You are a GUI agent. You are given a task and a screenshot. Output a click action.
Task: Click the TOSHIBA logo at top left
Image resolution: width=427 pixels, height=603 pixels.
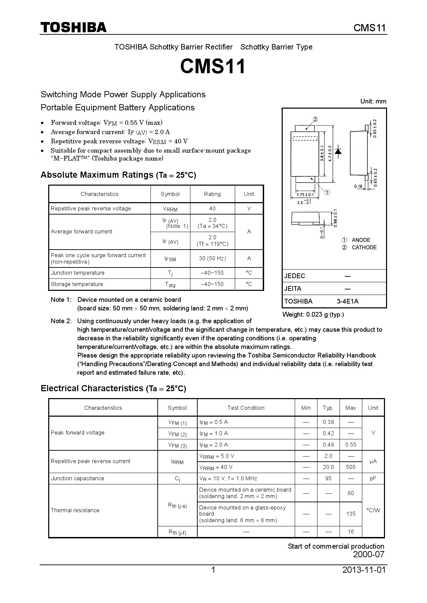coord(74,28)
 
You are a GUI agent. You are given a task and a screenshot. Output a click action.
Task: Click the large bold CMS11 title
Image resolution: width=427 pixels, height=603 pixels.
coord(213,66)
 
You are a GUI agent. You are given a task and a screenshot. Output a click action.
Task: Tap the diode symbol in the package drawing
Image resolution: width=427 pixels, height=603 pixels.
coord(339,151)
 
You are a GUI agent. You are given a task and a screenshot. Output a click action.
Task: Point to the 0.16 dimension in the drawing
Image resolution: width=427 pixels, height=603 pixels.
coord(358,186)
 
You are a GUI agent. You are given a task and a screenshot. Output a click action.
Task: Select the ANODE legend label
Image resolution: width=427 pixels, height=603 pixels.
coord(361,240)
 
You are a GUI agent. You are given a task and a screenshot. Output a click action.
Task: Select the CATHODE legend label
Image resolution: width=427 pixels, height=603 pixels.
coord(364,248)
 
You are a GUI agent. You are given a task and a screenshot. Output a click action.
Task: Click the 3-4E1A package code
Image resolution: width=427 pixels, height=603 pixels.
coord(347,301)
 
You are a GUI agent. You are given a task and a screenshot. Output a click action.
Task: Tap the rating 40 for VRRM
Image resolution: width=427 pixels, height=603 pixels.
coord(212,209)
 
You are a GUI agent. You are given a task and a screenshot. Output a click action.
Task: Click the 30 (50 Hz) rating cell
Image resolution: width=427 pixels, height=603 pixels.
coord(212,259)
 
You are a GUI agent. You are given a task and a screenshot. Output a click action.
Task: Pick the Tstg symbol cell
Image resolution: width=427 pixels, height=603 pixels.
coord(170,285)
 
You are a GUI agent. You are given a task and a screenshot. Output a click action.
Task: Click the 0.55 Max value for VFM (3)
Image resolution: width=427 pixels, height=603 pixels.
coord(351,445)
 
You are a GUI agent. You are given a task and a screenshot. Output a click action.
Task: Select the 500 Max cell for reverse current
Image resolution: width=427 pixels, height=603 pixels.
coord(351,467)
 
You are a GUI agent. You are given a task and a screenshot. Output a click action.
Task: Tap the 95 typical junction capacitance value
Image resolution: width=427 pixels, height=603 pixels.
coord(328,479)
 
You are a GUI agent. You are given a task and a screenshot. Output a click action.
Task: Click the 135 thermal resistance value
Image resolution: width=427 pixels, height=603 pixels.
coord(351,514)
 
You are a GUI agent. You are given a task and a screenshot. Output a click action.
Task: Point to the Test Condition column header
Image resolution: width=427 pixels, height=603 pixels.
coord(246,408)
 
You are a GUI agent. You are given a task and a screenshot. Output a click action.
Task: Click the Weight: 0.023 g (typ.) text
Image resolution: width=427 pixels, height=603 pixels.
coord(313,315)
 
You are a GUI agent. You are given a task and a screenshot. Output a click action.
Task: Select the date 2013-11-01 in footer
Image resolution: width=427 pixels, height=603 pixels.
coord(364,570)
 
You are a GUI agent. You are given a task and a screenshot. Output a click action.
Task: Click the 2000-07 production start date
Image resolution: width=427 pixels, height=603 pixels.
coord(368,555)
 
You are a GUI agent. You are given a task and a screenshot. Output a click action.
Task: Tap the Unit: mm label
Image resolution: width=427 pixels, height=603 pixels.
coord(373,101)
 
